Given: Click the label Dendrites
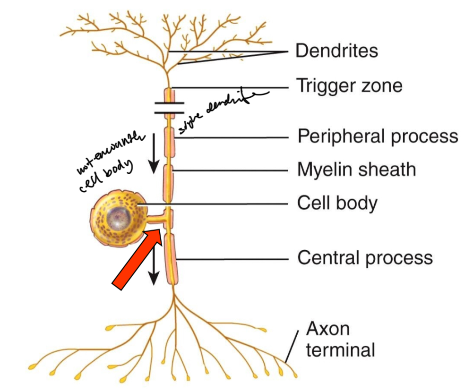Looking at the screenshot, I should coord(336,51).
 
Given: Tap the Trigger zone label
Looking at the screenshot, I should coord(349,86).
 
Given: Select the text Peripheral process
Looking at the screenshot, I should coord(378,137).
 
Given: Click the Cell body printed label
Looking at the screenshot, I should coord(337,203).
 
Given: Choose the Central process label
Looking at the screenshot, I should coord(365,258).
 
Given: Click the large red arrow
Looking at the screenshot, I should coord(137,257).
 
